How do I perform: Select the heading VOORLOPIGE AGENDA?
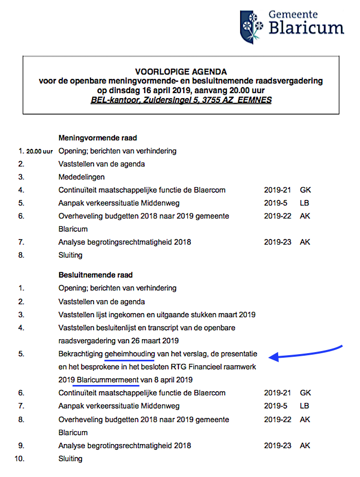pyautogui.click(x=181, y=72)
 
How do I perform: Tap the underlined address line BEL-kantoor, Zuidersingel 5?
pyautogui.click(x=181, y=99)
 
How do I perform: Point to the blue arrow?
pyautogui.click(x=309, y=351)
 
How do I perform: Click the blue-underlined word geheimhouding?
pyautogui.click(x=130, y=354)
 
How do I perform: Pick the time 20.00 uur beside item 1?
pyautogui.click(x=40, y=152)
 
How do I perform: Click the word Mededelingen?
pyautogui.click(x=81, y=177)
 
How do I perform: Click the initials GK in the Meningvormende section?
pyautogui.click(x=305, y=190)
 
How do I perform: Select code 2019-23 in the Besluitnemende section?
pyautogui.click(x=277, y=445)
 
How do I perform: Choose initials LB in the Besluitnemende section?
pyautogui.click(x=305, y=406)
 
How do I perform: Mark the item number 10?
pyautogui.click(x=21, y=458)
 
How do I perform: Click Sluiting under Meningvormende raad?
pyautogui.click(x=70, y=255)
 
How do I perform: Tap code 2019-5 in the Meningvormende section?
pyautogui.click(x=275, y=203)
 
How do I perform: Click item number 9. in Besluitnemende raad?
pyautogui.click(x=22, y=445)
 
